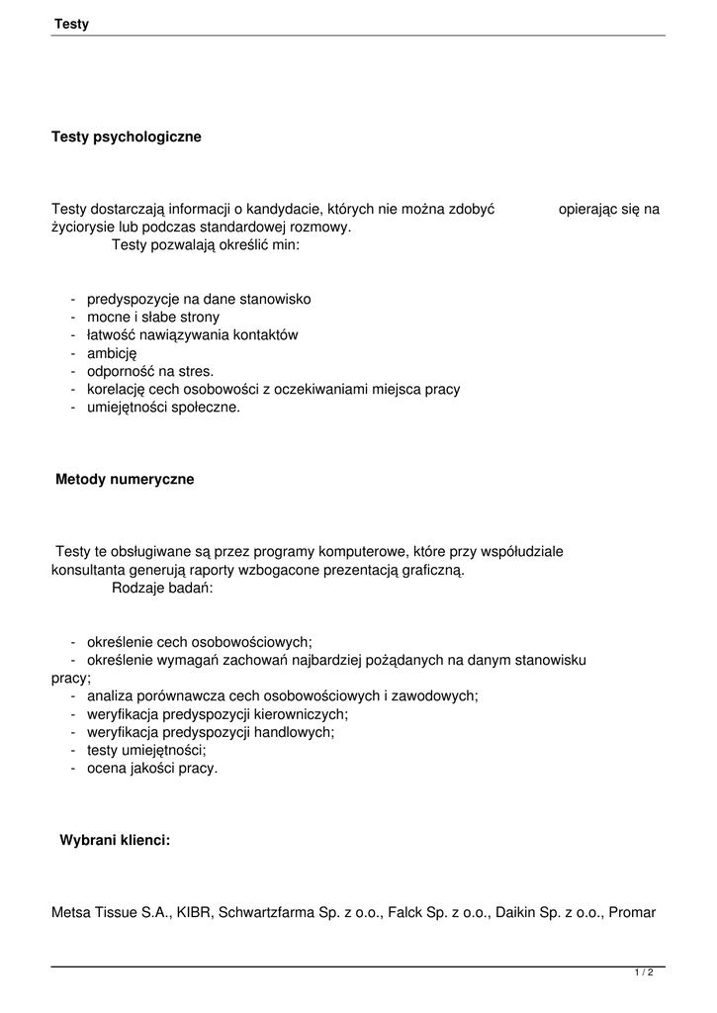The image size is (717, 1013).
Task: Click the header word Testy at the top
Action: (x=71, y=24)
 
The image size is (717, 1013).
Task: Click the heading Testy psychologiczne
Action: (x=127, y=138)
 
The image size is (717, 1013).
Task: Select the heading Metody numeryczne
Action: (x=125, y=480)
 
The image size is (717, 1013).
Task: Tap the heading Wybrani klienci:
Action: (x=115, y=840)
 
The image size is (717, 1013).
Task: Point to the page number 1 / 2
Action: (x=644, y=973)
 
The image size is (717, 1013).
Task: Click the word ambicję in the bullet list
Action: (x=112, y=353)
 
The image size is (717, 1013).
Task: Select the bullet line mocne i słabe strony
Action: (x=153, y=318)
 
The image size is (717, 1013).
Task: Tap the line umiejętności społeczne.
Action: (x=163, y=407)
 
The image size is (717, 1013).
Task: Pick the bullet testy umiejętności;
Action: (x=146, y=751)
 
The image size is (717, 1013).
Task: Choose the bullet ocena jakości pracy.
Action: (x=152, y=769)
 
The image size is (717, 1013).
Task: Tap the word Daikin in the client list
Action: (x=515, y=913)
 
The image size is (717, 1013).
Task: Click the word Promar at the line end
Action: (x=632, y=913)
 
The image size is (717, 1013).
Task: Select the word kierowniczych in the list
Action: (x=300, y=714)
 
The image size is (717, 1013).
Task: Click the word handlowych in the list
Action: (x=294, y=732)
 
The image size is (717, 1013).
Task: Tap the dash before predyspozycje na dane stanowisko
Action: (x=74, y=300)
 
